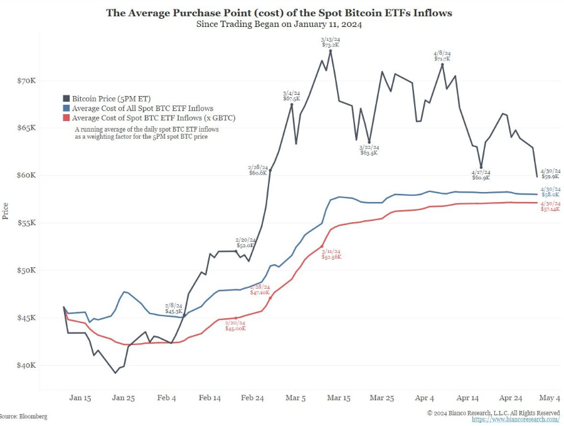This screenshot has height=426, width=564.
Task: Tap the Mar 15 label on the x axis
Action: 338,398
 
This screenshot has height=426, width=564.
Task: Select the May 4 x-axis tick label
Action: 550,398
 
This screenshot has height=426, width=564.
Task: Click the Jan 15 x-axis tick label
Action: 80,398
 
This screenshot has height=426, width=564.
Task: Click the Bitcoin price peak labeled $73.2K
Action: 331,50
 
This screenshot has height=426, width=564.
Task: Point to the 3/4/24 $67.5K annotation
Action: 292,95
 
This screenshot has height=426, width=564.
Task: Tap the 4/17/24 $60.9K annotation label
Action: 481,175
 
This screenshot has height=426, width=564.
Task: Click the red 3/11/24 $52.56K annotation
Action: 332,254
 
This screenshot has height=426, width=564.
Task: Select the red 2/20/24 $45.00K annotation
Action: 235,325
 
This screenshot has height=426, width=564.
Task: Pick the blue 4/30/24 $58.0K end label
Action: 550,192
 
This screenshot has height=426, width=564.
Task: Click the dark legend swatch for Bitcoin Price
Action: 66,99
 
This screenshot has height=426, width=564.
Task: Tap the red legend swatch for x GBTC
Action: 66,117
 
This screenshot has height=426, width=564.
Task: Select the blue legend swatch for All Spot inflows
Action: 66,108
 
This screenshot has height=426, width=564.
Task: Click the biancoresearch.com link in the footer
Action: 515,419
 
